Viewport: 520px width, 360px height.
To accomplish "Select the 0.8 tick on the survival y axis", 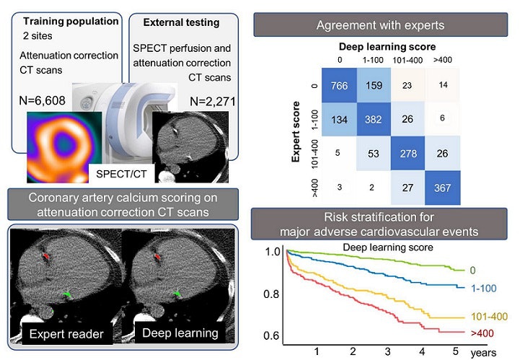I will pyautogui.click(x=270, y=295).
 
